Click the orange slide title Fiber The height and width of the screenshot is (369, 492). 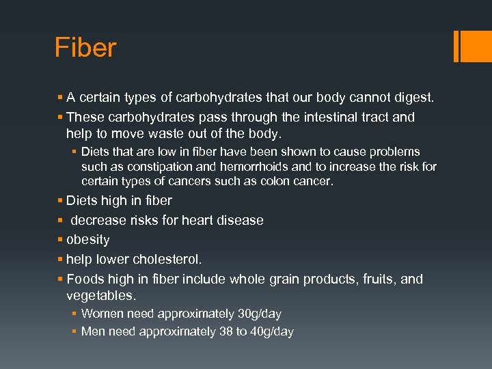(85, 49)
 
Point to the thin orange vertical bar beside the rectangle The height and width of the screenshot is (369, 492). (456, 46)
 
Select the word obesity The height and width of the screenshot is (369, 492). (87, 240)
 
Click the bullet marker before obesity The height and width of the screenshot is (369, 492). (60, 240)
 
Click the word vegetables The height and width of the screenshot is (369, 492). (100, 296)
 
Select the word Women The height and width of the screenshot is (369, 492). (101, 314)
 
